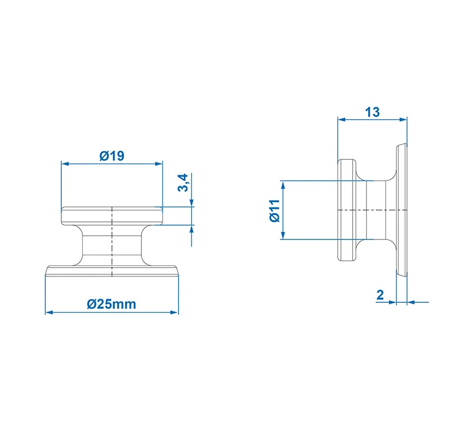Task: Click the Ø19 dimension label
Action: tap(112, 156)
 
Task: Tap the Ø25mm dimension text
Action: tap(111, 304)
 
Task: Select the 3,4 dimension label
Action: tap(183, 183)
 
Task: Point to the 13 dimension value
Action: tap(372, 112)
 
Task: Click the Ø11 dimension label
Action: tap(275, 210)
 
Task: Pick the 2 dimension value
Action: tap(380, 295)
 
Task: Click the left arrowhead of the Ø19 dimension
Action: tap(65, 164)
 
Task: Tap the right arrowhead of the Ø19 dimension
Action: tap(159, 164)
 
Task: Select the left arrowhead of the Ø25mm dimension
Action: tap(50, 312)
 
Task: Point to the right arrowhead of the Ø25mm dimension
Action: tap(175, 312)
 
